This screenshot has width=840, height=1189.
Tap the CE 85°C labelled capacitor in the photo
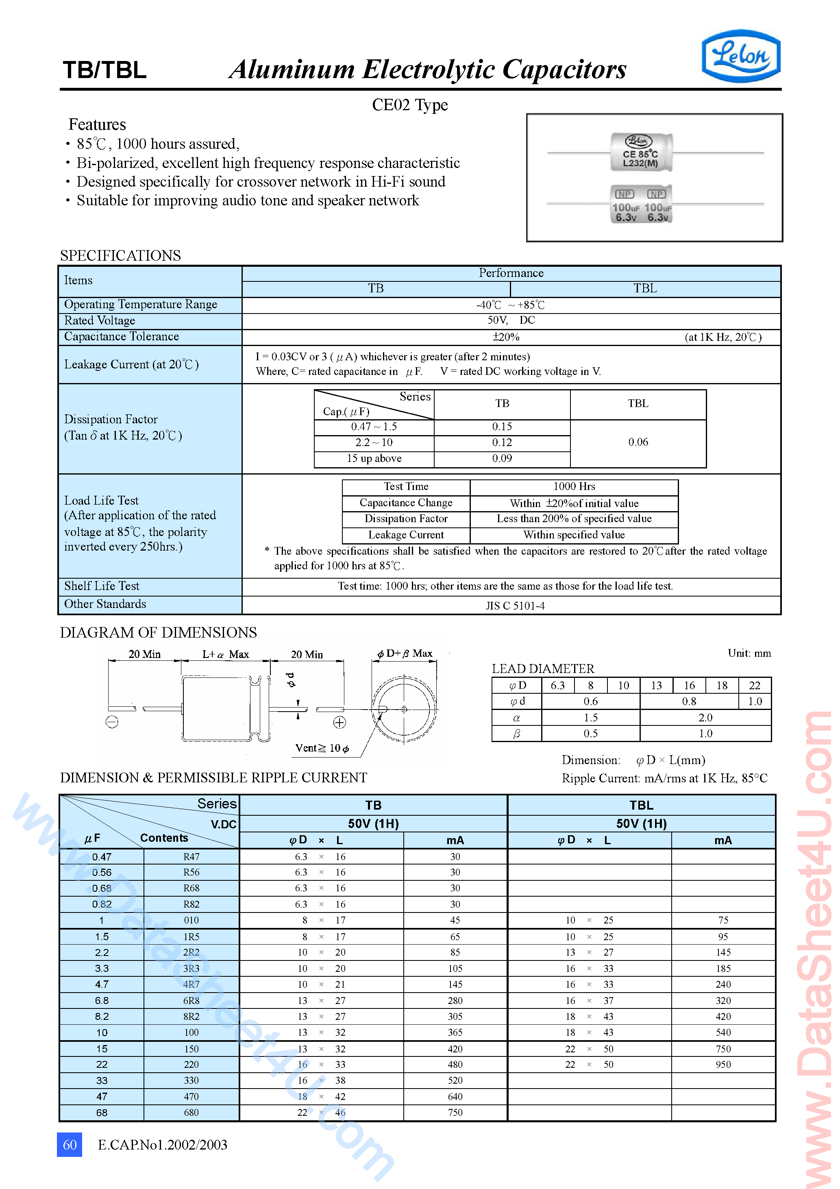click(641, 153)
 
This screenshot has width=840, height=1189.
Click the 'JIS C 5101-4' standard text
click(515, 605)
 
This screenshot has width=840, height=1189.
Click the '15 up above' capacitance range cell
click(374, 458)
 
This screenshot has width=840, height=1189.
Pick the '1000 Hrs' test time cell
click(574, 487)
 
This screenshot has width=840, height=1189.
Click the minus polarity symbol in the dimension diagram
click(112, 722)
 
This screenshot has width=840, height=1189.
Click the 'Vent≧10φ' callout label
click(322, 748)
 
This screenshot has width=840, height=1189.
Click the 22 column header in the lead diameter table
click(755, 686)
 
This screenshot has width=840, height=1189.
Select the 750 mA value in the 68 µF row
click(455, 1113)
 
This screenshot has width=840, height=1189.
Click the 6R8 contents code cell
click(191, 1000)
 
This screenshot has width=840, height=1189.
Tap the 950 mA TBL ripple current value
click(723, 1064)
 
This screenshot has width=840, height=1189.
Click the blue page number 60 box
click(70, 1144)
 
